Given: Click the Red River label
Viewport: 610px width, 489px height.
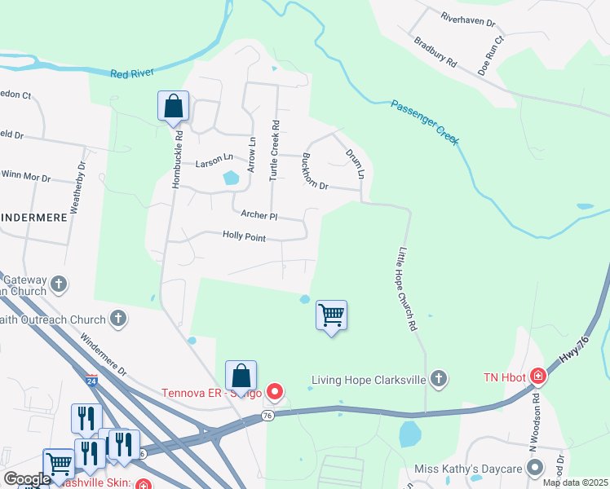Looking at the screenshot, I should (132, 73).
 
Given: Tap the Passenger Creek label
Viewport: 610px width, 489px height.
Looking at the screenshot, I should (425, 123).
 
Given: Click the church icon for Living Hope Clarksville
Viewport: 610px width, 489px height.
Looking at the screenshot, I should (439, 379).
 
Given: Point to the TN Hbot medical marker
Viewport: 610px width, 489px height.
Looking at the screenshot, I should (537, 377).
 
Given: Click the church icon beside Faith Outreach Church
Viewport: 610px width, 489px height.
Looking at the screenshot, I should (118, 319).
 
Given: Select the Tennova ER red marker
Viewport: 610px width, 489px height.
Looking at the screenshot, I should (275, 393).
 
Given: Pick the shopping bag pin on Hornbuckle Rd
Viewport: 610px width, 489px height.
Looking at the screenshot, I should (174, 106).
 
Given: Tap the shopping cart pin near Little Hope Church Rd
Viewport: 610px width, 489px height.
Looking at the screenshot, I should (331, 315).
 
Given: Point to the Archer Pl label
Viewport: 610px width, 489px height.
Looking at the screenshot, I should (259, 216).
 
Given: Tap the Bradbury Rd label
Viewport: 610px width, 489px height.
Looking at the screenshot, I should (435, 52).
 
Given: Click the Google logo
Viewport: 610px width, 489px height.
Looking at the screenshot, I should (27, 478).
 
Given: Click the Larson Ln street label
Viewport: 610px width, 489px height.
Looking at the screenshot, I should (214, 163).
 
